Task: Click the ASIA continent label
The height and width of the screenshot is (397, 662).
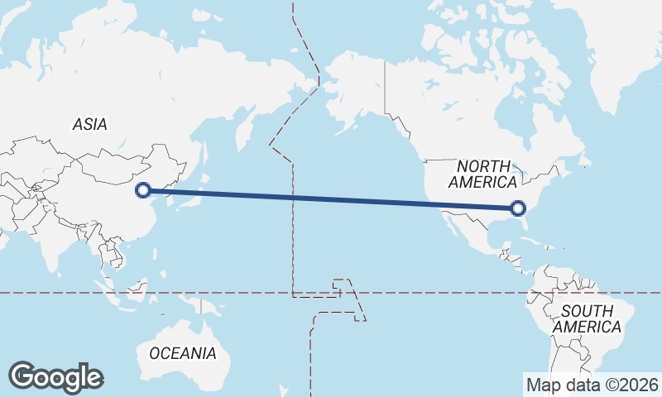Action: pos(89,124)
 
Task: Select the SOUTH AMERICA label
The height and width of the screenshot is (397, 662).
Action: pos(587,319)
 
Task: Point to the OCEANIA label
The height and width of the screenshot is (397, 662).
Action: pos(183,353)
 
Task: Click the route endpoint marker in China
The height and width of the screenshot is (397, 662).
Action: pos(143,189)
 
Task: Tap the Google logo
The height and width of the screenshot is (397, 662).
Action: pos(55,377)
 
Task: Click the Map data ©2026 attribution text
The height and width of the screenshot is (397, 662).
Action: pos(592,385)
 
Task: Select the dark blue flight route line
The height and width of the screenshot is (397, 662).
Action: pos(331,198)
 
